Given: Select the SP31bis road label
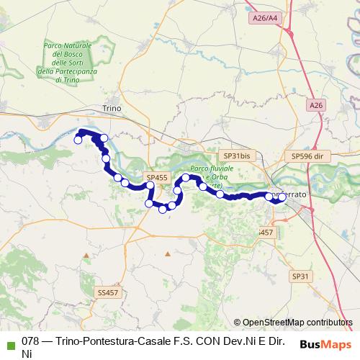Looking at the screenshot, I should [236, 155].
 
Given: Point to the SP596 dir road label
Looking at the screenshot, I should [309, 155].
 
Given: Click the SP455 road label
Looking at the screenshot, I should [156, 177].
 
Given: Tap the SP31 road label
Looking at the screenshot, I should [300, 276].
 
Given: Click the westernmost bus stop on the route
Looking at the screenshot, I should [78, 140].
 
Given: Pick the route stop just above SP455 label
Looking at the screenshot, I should [150, 186].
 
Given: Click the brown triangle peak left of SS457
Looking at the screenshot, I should [86, 254].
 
